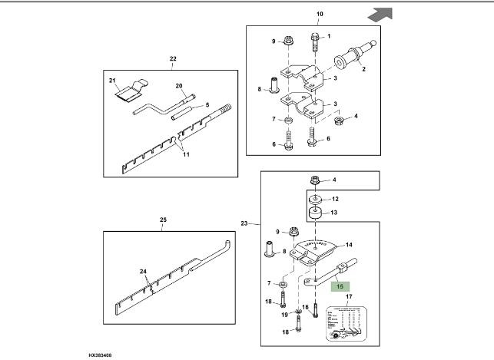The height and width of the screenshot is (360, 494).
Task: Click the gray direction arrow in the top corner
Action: tap(381, 14)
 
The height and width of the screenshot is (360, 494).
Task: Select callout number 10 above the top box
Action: tap(320, 15)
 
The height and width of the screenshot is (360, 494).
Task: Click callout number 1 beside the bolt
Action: tap(328, 36)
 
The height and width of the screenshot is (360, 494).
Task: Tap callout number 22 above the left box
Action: tap(172, 59)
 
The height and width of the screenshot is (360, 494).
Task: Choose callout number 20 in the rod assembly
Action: tap(178, 86)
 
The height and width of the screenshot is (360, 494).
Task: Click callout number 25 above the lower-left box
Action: tap(163, 221)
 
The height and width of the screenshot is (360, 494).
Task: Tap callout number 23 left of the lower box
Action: tap(244, 223)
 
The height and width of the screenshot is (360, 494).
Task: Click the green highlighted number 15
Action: tap(338, 284)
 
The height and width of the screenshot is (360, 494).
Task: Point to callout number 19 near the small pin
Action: tap(284, 315)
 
